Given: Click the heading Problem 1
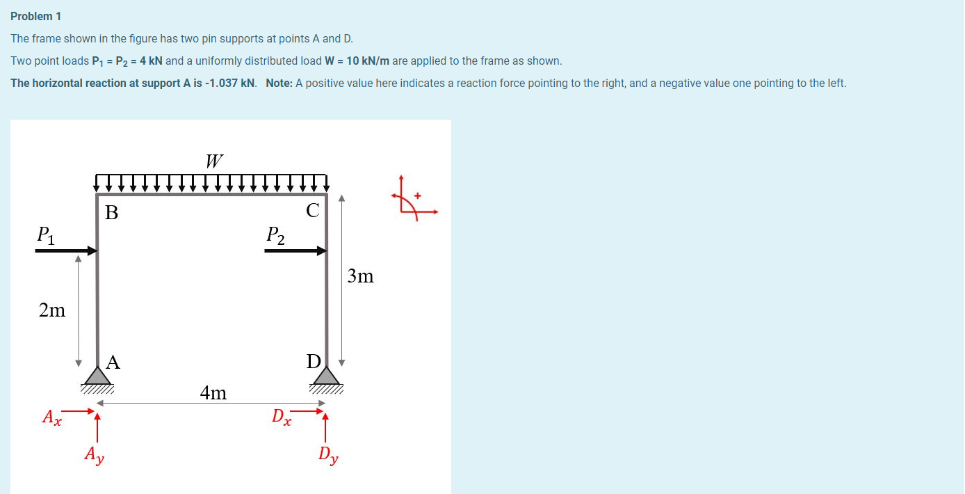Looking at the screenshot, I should click(x=36, y=16).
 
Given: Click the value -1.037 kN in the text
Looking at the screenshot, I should click(x=231, y=83).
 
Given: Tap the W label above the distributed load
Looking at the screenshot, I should click(x=214, y=161).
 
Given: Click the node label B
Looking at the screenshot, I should click(x=111, y=213).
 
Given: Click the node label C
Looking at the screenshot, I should click(x=313, y=211).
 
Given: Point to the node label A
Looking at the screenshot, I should click(x=113, y=362).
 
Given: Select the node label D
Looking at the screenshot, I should click(x=314, y=362).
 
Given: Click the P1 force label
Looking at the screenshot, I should click(x=47, y=235).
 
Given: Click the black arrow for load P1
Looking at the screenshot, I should click(x=66, y=250).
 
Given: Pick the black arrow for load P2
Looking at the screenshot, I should click(x=295, y=250).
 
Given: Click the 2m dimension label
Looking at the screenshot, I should click(x=52, y=310).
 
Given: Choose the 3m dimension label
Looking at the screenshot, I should click(x=360, y=277).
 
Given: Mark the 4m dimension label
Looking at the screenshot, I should click(x=213, y=393).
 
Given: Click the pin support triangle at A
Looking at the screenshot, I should click(x=97, y=376).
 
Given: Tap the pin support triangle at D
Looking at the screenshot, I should click(x=327, y=376).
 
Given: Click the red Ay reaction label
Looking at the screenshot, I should click(x=95, y=455).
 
